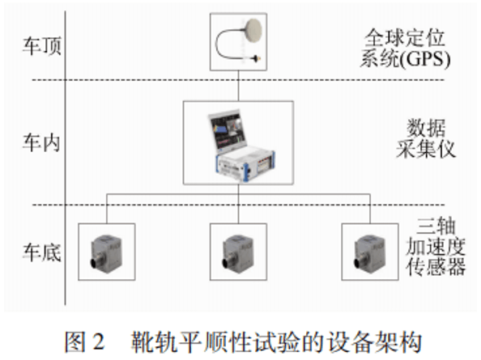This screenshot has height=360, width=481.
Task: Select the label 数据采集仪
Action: [x=432, y=139]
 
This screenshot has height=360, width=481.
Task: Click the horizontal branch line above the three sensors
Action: [x=170, y=195]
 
